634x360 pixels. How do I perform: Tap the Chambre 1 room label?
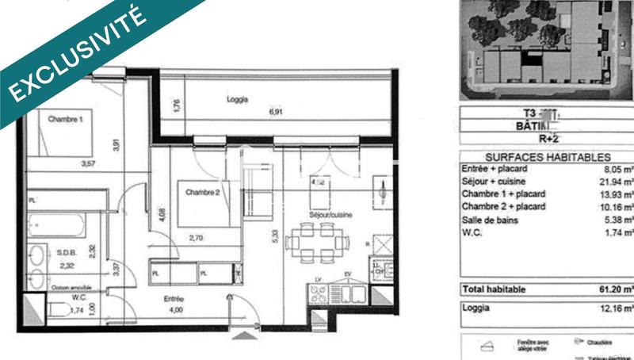(65, 120)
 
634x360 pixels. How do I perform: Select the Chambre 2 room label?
(202, 191)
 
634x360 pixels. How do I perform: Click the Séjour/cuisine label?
(330, 214)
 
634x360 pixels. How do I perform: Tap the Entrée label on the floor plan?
(174, 298)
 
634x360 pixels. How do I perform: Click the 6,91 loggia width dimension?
(276, 112)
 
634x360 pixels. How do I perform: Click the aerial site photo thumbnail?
(548, 44)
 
